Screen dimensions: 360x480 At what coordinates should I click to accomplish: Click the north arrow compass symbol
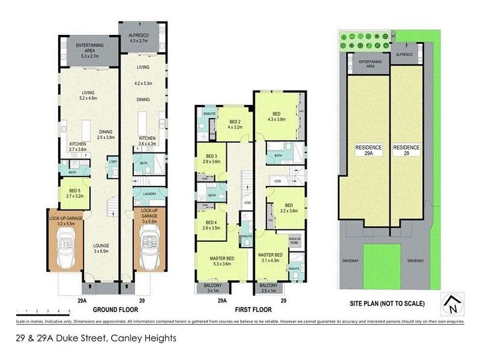click(x=451, y=305)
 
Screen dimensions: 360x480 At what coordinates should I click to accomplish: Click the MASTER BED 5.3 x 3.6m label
click(x=222, y=262)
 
